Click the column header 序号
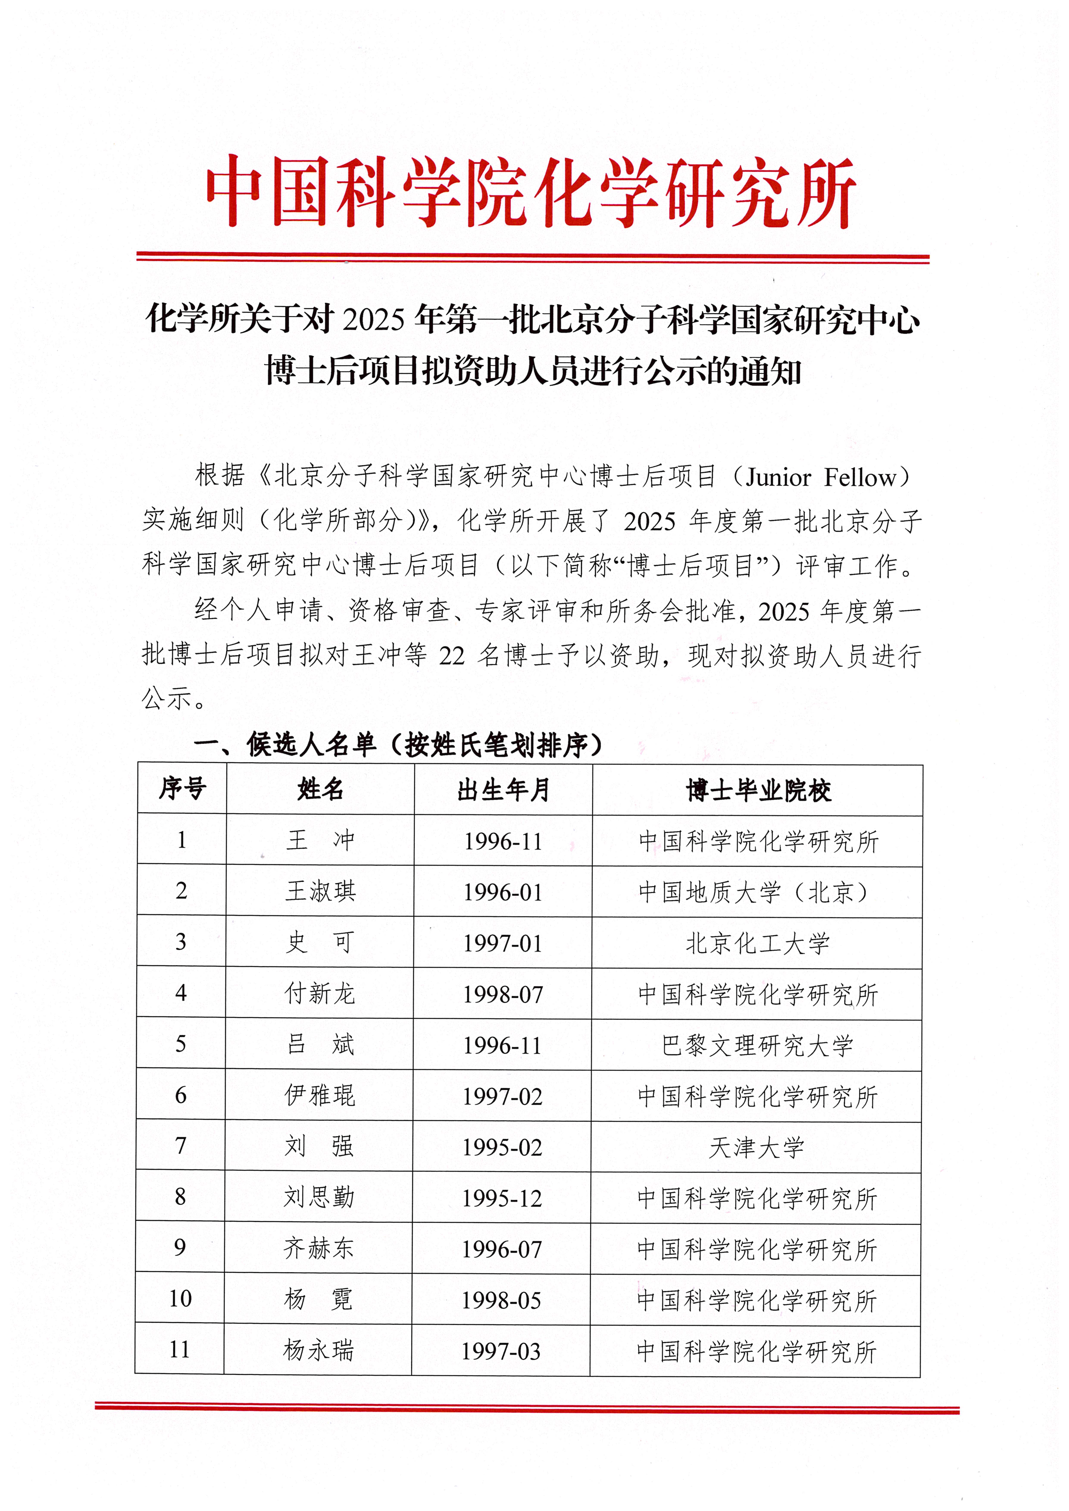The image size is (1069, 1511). coord(182,788)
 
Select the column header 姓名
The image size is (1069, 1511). coord(320,788)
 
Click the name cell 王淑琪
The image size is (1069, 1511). coord(320,891)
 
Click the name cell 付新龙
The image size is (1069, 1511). coord(320,993)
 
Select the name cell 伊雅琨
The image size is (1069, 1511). coord(320,1095)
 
